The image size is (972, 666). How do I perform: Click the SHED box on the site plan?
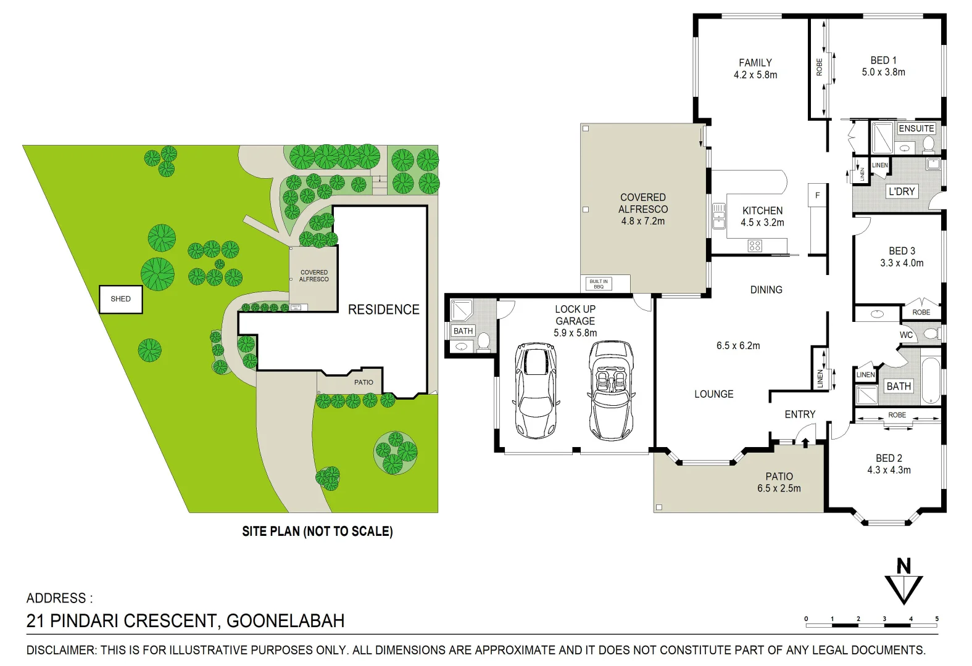tap(121, 299)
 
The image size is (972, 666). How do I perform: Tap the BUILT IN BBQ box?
tap(598, 284)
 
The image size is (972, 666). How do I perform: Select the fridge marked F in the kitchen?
tap(817, 195)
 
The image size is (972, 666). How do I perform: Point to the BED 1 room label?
tap(883, 60)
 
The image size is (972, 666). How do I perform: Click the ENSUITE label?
tap(916, 128)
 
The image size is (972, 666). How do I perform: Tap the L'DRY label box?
tap(901, 191)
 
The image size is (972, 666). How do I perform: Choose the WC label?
tap(906, 335)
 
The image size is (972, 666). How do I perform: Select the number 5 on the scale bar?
tap(937, 619)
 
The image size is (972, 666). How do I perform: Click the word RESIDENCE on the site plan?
tap(383, 310)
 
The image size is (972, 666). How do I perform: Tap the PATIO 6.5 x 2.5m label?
tap(779, 482)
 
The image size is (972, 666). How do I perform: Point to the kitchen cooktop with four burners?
tap(755, 246)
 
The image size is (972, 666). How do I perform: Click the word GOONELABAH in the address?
tap(285, 620)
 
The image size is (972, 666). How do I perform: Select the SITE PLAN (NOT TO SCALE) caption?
tap(317, 531)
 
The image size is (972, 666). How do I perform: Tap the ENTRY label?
tap(800, 414)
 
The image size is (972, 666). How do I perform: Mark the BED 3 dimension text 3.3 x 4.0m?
tap(902, 263)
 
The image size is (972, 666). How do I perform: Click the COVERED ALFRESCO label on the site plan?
tap(314, 276)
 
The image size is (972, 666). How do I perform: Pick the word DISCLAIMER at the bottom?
tap(61, 650)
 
